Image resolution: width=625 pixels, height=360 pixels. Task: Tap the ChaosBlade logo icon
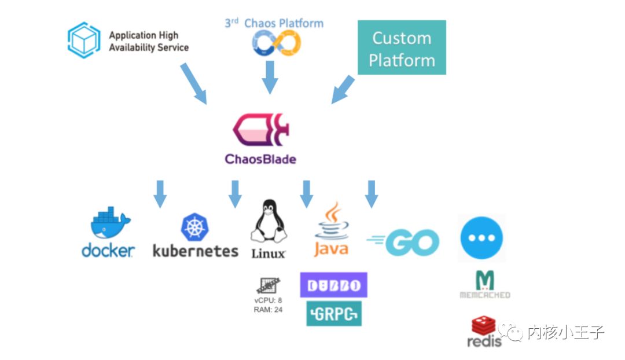point(260,130)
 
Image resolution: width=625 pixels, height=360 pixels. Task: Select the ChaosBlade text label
point(260,159)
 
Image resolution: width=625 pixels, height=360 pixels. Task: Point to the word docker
point(108,250)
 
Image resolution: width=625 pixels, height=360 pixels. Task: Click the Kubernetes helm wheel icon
point(195,227)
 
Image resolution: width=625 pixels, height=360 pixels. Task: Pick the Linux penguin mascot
point(268,223)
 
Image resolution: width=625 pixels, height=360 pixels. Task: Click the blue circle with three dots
point(481,238)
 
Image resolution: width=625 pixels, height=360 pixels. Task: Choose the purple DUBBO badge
point(333,285)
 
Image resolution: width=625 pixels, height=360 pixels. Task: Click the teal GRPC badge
point(334,313)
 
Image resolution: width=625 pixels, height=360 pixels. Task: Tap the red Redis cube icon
point(483,325)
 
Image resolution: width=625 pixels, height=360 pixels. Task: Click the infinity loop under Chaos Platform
point(277,43)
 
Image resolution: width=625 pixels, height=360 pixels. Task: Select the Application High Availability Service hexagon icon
point(84,40)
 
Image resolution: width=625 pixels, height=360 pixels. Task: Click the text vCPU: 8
point(268,300)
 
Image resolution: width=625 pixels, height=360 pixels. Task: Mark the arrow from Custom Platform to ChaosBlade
point(343,89)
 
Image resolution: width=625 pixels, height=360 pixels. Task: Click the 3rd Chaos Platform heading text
point(274,23)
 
